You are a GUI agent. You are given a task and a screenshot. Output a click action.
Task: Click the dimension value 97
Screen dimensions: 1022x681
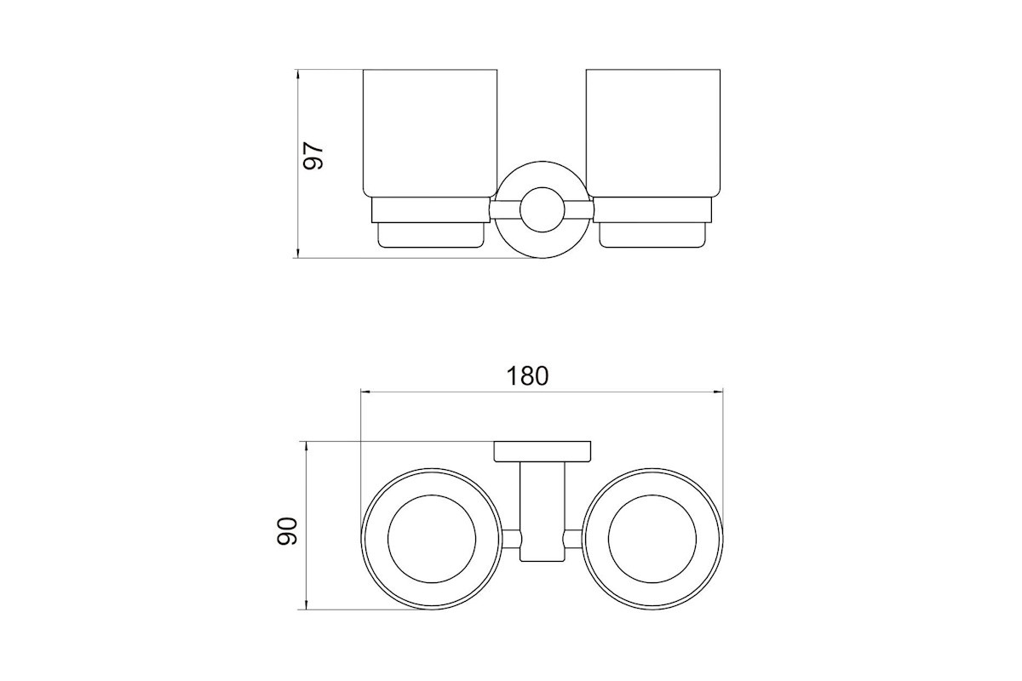click(314, 156)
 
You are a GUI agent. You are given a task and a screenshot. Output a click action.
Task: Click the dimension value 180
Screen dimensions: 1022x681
click(527, 376)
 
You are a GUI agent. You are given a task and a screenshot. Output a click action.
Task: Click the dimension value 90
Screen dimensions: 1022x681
click(287, 531)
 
